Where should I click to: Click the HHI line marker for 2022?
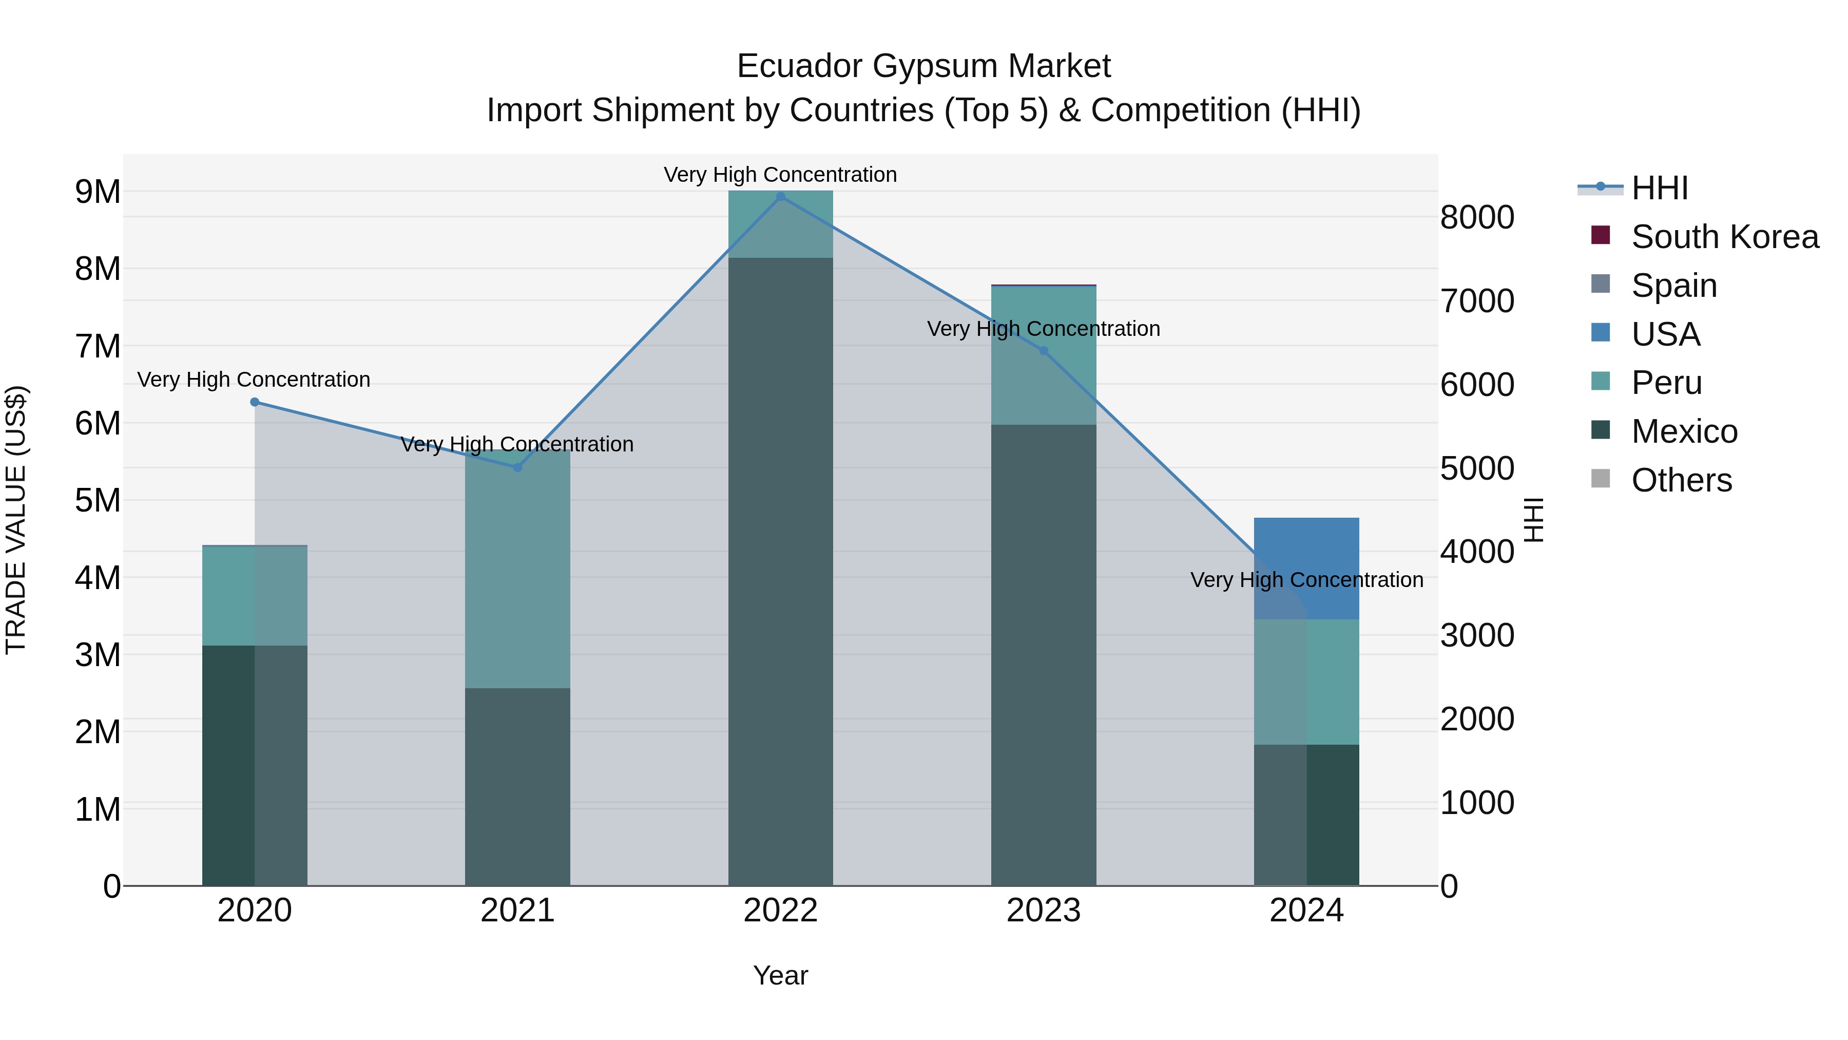780,197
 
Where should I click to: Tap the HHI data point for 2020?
255,403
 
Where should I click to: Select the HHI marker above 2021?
517,467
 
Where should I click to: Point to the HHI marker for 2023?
1044,351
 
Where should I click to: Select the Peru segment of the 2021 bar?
517,574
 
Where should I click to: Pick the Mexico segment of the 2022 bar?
780,574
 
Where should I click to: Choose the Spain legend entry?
1673,286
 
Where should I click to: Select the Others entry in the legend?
1681,480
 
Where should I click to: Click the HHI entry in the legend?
1659,188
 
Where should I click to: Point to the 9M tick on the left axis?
98,192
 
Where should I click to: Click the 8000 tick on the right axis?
1477,217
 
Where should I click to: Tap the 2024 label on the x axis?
1306,911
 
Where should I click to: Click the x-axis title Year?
780,975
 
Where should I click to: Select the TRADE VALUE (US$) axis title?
16,520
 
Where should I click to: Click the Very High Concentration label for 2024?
1306,580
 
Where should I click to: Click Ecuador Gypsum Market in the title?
923,67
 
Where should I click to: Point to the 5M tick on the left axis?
98,500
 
